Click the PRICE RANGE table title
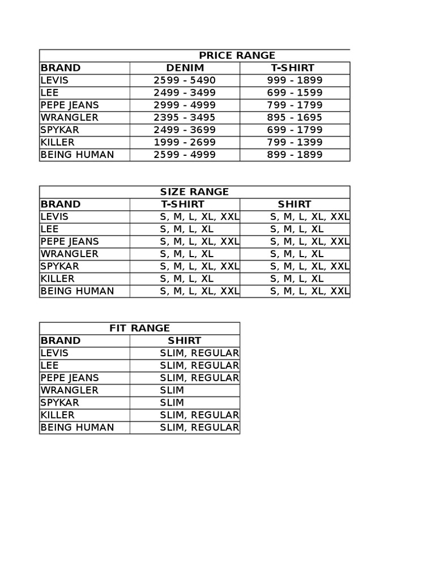(x=237, y=56)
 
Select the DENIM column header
(x=185, y=68)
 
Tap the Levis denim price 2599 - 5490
(x=185, y=80)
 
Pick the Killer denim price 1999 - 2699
(x=185, y=142)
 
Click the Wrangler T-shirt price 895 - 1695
(x=295, y=117)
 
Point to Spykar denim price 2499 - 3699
(x=185, y=130)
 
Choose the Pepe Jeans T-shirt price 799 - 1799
(x=295, y=105)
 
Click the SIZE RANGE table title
(x=194, y=192)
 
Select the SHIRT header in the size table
(x=295, y=204)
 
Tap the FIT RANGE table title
(x=139, y=329)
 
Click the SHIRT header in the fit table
(x=185, y=341)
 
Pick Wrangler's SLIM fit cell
(x=172, y=390)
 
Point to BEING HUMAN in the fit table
(x=77, y=428)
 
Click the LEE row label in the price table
(x=50, y=93)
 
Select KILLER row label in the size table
(x=58, y=279)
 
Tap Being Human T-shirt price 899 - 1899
(x=295, y=155)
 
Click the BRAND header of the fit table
(x=61, y=341)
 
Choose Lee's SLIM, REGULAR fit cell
(x=199, y=365)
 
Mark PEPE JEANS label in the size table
(x=70, y=241)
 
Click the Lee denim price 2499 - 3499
(x=185, y=93)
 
